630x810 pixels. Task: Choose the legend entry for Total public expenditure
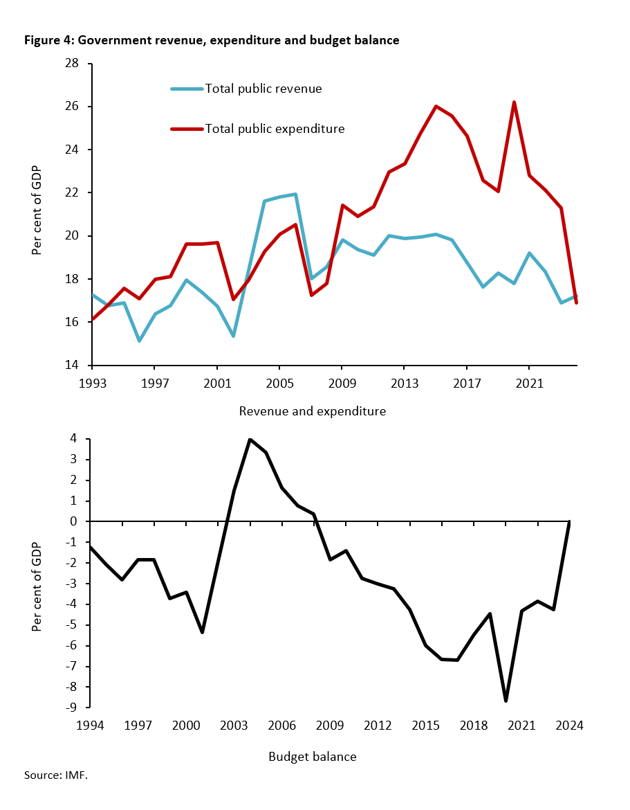274,129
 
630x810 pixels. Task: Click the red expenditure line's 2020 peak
514,102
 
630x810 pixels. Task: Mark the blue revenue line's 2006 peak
295,195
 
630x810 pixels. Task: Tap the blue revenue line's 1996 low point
139,341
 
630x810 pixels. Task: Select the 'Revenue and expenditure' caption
312,411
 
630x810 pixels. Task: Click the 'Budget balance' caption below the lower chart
312,757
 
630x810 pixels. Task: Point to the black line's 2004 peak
250,440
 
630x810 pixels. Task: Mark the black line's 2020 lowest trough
506,701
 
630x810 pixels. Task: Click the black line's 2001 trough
202,632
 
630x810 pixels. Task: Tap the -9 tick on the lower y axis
75,708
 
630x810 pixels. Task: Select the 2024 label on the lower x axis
570,726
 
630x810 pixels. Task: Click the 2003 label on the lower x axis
234,726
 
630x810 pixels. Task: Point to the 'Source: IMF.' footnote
56,775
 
